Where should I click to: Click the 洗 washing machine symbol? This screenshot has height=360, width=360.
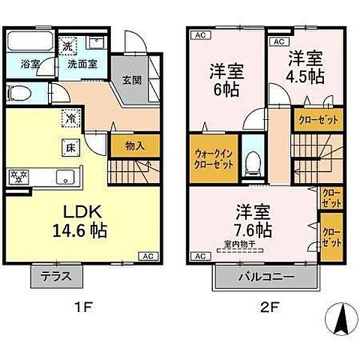pyautogui.click(x=67, y=46)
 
